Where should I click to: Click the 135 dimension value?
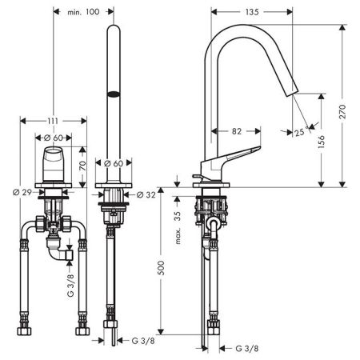(252, 12)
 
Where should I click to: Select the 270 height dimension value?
(342, 112)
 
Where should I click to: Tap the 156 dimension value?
(322, 142)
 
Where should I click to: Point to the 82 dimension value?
(237, 131)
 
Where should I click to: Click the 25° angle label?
(301, 132)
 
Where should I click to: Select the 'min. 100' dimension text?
(83, 12)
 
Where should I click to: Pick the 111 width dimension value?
(53, 122)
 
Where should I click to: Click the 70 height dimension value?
(83, 166)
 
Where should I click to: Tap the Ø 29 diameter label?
(22, 192)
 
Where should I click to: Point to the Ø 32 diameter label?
(146, 195)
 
